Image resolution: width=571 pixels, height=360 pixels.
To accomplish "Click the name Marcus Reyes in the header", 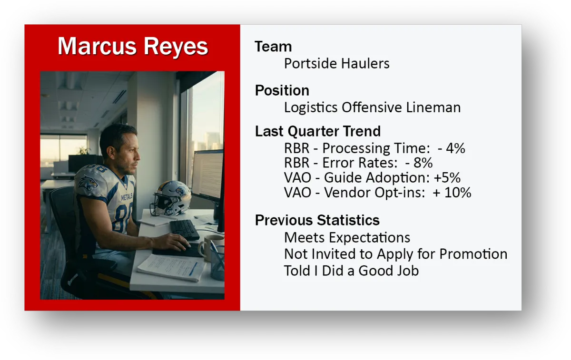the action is (133, 46).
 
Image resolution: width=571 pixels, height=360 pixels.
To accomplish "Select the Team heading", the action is (273, 47).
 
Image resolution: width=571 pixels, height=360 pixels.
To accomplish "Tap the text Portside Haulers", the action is (337, 63).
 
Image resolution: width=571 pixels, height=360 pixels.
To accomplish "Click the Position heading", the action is (282, 90).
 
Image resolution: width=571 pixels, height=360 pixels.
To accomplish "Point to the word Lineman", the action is (433, 107).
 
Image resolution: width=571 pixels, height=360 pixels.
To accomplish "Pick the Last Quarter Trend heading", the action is (318, 131).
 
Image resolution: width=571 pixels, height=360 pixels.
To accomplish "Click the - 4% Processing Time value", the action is (451, 148).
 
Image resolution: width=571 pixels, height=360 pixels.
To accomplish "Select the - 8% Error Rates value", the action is (419, 163).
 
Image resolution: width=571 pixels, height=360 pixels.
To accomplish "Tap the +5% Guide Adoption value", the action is (447, 177).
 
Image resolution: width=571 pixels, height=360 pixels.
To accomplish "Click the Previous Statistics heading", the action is (317, 220).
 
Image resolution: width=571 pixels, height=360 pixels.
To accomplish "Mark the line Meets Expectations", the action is (347, 237).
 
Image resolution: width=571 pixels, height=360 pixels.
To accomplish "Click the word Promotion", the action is (473, 254).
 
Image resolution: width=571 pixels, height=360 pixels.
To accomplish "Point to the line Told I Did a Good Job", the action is (352, 271).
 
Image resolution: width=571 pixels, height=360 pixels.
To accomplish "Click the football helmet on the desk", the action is (170, 198).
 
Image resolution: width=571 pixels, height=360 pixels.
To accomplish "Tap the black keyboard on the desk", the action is (185, 230).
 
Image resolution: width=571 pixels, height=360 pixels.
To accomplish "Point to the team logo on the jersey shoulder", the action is (88, 182).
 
